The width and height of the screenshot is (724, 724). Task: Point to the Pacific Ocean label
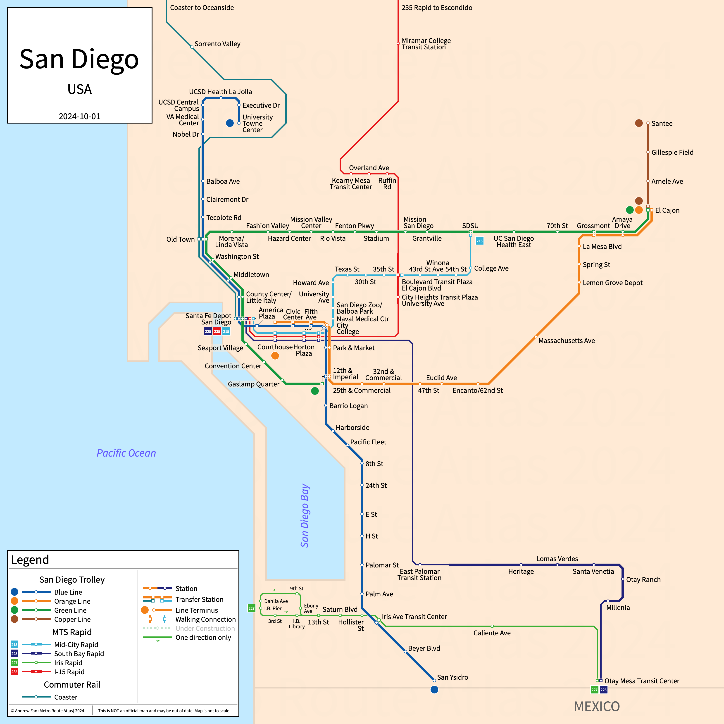[x=126, y=453]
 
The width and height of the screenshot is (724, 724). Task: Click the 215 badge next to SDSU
[x=479, y=241]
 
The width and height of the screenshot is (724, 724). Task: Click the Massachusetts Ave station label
[x=566, y=341]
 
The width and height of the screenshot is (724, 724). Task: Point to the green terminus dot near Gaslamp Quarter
[x=315, y=391]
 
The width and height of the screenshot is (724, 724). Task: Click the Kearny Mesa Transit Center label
[x=350, y=184]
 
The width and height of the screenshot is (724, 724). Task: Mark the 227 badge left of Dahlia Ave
[x=251, y=608]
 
